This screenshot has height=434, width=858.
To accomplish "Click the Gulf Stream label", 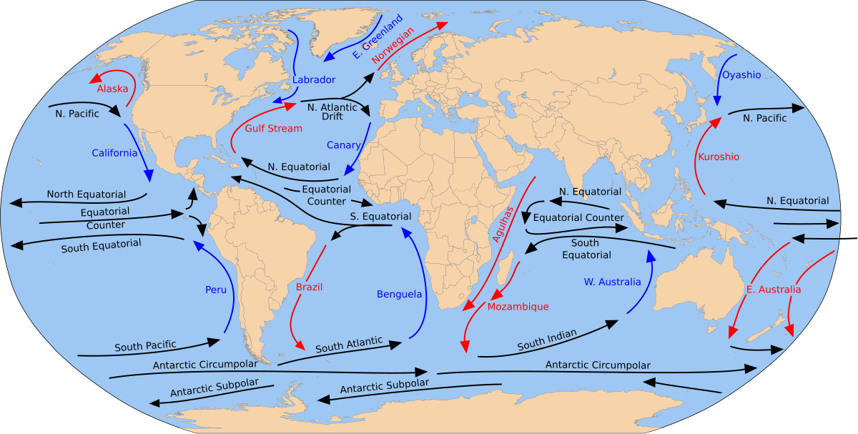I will pos(273,129).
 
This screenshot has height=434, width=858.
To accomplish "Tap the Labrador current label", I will pos(313,80).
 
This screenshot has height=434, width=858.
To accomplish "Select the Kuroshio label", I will pos(719,157).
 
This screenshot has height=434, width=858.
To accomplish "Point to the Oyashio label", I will pos(741,75).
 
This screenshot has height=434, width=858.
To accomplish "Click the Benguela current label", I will pos(399,294).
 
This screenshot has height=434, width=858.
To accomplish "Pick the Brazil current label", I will pos(309,287).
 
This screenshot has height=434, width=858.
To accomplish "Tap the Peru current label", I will pos(215,290).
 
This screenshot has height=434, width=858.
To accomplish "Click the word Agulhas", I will pos(503,225).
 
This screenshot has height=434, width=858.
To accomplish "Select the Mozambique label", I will pos(518,307).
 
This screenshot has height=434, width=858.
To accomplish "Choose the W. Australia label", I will pos(612,282).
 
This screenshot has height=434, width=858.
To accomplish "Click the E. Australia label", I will pos(773,290).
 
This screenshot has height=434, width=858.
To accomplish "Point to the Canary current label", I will pos(344,145).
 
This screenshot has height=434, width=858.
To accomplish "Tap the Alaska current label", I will pos(112,89).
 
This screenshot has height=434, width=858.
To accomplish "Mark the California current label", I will pos(114,153).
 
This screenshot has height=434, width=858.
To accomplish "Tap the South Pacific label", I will pos(145,346).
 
